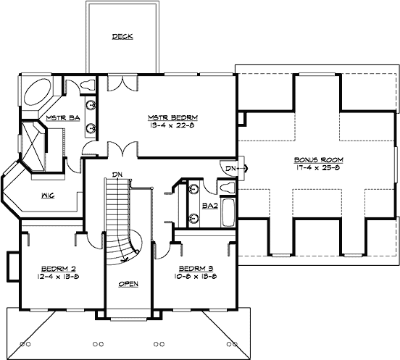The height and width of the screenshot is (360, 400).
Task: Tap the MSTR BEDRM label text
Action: [x=172, y=117]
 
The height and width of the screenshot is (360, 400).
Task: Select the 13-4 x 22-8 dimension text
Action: [x=172, y=125]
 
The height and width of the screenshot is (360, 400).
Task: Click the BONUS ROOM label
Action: [x=318, y=159]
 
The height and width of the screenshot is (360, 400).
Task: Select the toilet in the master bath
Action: [x=88, y=83]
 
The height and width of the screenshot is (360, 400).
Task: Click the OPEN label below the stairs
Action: [x=128, y=283]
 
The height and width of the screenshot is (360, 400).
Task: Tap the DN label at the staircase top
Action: [x=116, y=174]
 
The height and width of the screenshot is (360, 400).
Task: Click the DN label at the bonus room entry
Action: [x=228, y=168]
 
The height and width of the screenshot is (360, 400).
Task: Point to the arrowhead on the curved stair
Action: [x=128, y=255]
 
